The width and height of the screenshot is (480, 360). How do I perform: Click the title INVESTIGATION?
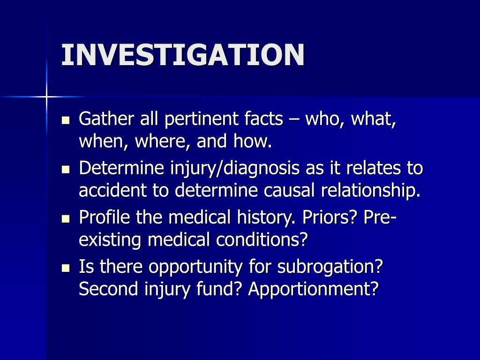click(183, 55)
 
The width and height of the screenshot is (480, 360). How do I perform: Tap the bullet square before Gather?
click(66, 120)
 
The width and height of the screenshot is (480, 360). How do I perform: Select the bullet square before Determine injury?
click(66, 169)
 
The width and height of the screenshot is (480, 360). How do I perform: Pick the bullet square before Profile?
click(66, 218)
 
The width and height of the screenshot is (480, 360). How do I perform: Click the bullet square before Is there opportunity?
click(66, 268)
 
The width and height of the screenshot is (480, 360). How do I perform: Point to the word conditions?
click(262, 240)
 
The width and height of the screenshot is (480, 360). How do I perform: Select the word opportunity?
click(195, 267)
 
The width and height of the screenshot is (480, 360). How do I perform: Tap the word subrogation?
click(330, 267)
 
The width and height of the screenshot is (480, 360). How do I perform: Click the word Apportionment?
click(314, 289)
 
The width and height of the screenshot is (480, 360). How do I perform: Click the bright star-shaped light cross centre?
click(46, 97)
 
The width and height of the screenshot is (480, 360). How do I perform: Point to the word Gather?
click(106, 118)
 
